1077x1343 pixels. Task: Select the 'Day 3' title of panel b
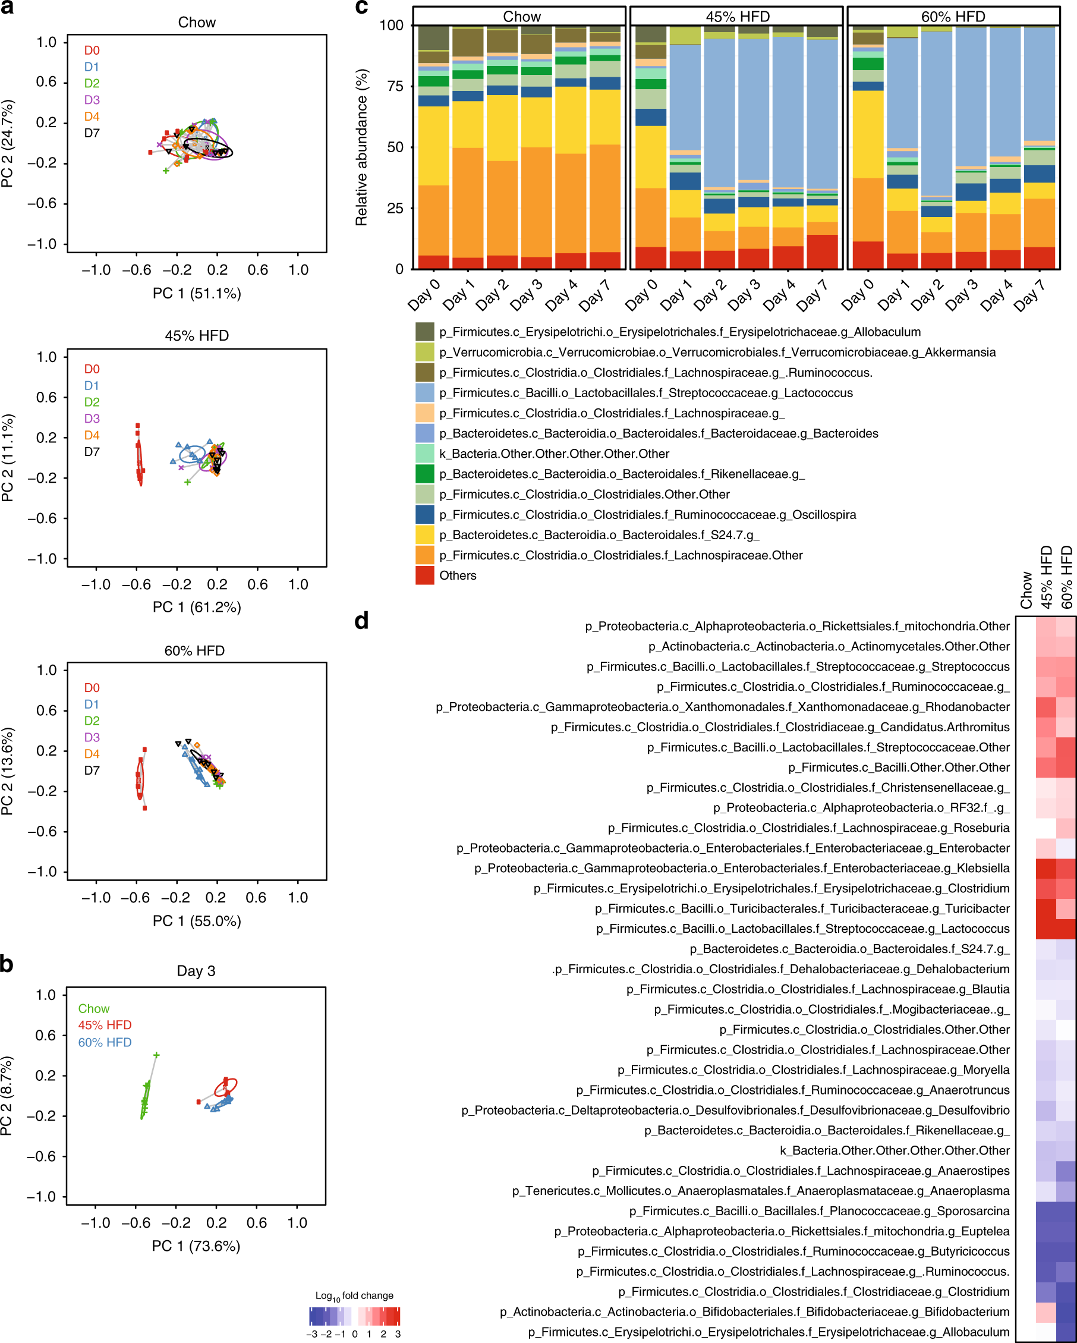(196, 970)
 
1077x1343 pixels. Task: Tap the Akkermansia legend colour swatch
(425, 352)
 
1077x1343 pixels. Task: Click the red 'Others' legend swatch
(425, 575)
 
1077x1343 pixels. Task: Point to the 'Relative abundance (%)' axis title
(361, 147)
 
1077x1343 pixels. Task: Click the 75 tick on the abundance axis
(395, 86)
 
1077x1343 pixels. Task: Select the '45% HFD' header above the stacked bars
(737, 17)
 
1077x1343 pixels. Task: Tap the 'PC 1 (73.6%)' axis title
(196, 1246)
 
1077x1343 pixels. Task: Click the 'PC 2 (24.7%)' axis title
(8, 143)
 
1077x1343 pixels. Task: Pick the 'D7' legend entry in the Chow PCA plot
(92, 133)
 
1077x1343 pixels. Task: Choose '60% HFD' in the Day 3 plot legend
(105, 1042)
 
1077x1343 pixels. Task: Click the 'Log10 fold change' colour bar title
(354, 1295)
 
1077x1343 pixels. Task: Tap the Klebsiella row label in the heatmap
(741, 868)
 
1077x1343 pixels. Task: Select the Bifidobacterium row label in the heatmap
(754, 1311)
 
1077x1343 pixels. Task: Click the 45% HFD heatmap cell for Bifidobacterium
(1046, 1311)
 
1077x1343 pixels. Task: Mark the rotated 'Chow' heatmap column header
(1026, 590)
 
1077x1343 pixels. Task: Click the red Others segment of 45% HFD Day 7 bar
(821, 251)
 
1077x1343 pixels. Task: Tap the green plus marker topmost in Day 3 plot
(156, 1055)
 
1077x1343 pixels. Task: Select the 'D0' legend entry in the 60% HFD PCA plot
(92, 688)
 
